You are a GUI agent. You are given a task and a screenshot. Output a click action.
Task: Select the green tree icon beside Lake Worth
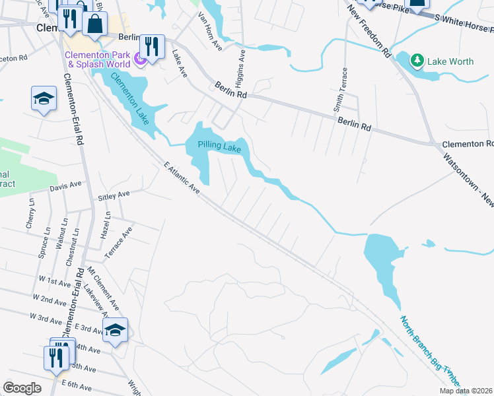click(x=416, y=61)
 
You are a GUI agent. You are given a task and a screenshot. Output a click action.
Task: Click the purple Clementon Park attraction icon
click(x=139, y=60)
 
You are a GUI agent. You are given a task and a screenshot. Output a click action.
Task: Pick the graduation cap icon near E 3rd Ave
click(x=115, y=329)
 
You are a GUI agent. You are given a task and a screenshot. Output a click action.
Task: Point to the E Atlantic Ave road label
click(x=180, y=179)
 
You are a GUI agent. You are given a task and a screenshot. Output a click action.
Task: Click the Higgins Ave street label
click(x=240, y=73)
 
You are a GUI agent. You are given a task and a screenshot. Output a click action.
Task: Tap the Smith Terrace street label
click(x=343, y=88)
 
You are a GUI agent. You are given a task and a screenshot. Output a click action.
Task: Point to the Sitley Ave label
click(x=115, y=196)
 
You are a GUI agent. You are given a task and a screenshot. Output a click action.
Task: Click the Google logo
click(x=22, y=388)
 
